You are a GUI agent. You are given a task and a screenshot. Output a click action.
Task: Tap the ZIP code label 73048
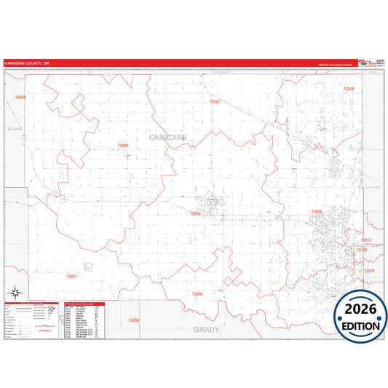pyautogui.click(x=20, y=97)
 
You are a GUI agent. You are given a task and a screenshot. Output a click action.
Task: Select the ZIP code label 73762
pyautogui.click(x=214, y=102)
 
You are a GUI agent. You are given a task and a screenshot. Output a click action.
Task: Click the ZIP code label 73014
pyautogui.click(x=123, y=146)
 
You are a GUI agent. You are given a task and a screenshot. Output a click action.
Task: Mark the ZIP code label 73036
pyautogui.click(x=194, y=214)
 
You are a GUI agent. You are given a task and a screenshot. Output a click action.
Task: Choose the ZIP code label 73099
pyautogui.click(x=316, y=212)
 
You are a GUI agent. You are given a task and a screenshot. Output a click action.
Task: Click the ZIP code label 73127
pyautogui.click(x=366, y=239)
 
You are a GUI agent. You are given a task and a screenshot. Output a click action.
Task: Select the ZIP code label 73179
pyautogui.click(x=368, y=271)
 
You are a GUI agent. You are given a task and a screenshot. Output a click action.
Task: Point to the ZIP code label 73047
pyautogui.click(x=71, y=277)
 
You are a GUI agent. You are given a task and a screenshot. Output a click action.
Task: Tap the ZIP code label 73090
pyautogui.click(x=197, y=293)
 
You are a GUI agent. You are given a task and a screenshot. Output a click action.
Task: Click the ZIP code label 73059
pyautogui.click(x=133, y=320)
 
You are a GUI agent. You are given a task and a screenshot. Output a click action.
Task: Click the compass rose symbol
pyautogui.click(x=14, y=289)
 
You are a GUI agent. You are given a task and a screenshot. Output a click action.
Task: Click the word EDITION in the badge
pyautogui.click(x=361, y=325)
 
